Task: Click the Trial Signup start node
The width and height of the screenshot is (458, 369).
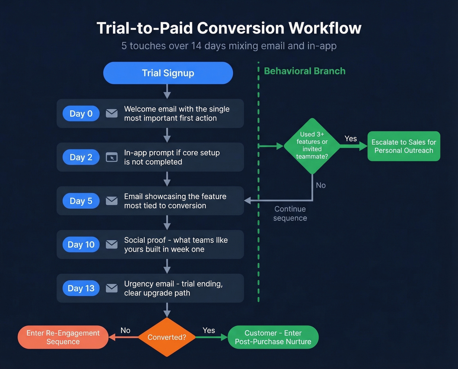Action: [x=168, y=73]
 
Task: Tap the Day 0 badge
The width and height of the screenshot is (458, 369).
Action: [x=81, y=114]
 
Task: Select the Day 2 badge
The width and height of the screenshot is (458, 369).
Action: [x=81, y=157]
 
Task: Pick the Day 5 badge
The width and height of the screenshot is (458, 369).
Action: [x=81, y=201]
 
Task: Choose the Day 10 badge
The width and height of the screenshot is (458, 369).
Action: [x=81, y=245]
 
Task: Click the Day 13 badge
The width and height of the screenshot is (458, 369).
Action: [x=81, y=288]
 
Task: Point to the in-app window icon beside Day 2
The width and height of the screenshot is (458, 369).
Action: [x=112, y=157]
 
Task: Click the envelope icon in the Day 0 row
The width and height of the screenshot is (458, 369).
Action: [x=112, y=113]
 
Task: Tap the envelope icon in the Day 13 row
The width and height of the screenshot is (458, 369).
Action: [x=112, y=288]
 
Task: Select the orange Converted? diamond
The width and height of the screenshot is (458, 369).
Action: [x=167, y=337]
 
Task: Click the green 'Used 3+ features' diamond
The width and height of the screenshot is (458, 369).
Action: [x=312, y=146]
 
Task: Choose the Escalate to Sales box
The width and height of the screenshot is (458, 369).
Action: [x=404, y=146]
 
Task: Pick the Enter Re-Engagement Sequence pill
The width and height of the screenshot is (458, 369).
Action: [x=63, y=337]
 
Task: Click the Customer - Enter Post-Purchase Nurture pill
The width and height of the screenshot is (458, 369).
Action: [x=273, y=337]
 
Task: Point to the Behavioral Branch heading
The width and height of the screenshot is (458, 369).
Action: [x=305, y=71]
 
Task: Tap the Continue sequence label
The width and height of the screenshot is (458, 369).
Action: [x=290, y=213]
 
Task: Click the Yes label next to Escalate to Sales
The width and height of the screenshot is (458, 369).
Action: [x=351, y=139]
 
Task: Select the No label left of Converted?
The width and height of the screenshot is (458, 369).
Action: [x=125, y=330]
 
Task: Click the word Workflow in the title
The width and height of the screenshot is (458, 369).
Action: [x=325, y=28]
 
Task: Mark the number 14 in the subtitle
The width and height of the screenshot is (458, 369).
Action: [x=196, y=46]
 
